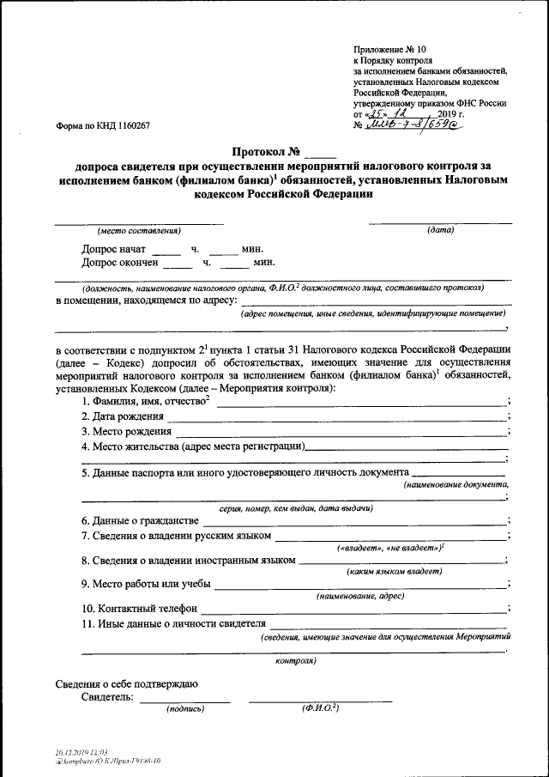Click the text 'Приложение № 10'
pyautogui.click(x=389, y=51)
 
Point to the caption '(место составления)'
pyautogui.click(x=138, y=230)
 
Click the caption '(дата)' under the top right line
pyautogui.click(x=440, y=229)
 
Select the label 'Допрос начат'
pyautogui.click(x=114, y=250)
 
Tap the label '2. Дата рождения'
pyautogui.click(x=123, y=416)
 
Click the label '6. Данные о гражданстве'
pyautogui.click(x=141, y=520)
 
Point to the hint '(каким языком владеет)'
pyautogui.click(x=394, y=571)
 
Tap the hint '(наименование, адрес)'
pyautogui.click(x=360, y=595)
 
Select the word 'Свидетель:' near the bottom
pyautogui.click(x=107, y=697)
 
